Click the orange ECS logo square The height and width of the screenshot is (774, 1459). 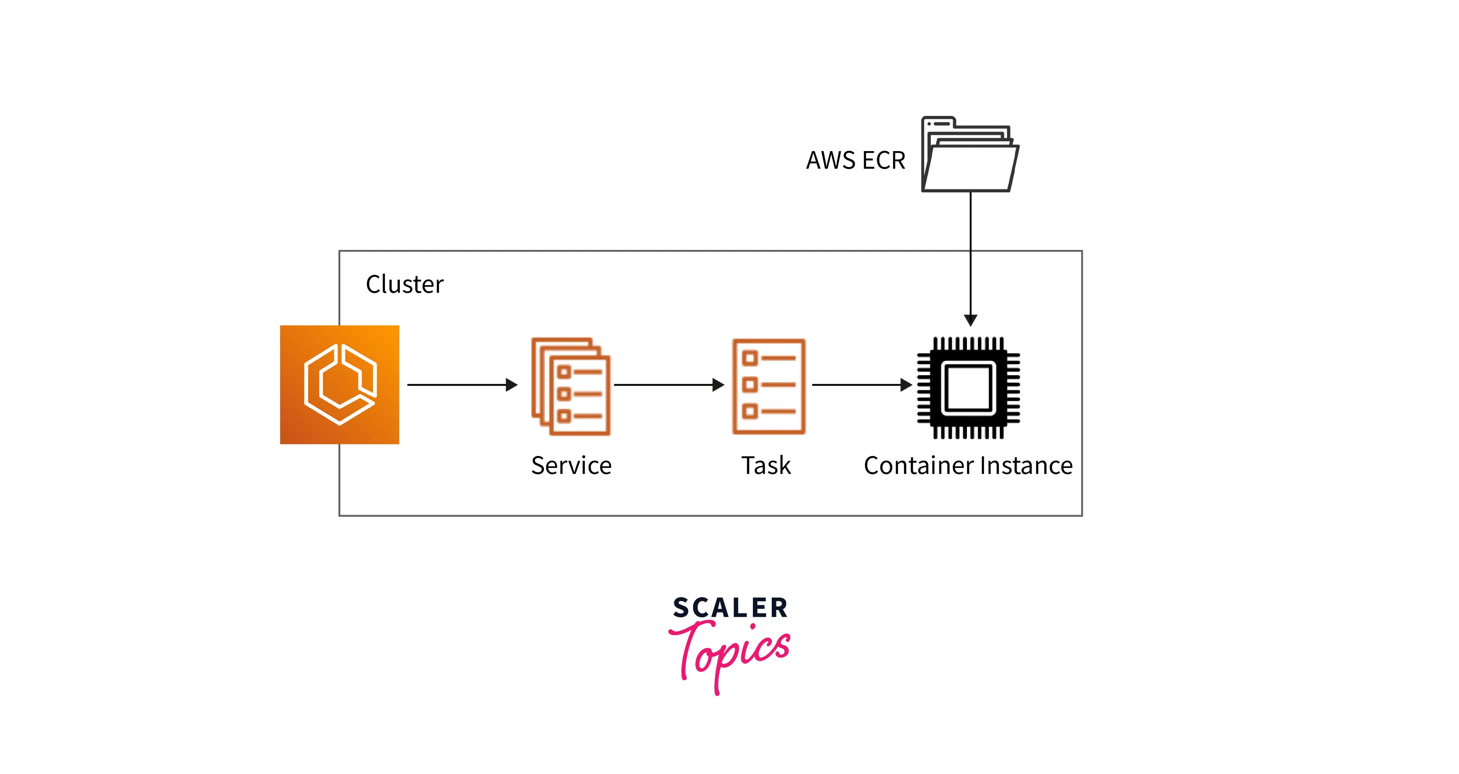coord(339,384)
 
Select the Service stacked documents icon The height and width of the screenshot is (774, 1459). coord(571,386)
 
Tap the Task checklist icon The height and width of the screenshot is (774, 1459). coord(769,386)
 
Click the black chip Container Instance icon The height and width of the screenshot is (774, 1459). coord(969,388)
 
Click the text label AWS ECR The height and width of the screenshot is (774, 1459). coord(855,161)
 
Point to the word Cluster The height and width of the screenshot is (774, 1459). coord(405,285)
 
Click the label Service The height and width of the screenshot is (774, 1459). coord(571,466)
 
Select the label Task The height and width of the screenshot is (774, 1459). coord(766,466)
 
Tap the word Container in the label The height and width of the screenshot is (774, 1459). coord(918,466)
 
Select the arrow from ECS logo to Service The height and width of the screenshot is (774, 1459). coord(462,385)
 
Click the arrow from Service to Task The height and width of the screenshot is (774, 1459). coord(668,385)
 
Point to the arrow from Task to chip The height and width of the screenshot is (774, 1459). coord(861,385)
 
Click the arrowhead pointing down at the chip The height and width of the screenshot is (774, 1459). coord(970,320)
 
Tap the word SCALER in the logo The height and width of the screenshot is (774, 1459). coord(730,608)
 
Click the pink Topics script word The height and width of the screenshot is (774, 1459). coord(731,652)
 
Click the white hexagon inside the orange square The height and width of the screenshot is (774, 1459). coord(340,384)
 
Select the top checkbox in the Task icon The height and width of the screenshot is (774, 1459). coord(750,358)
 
